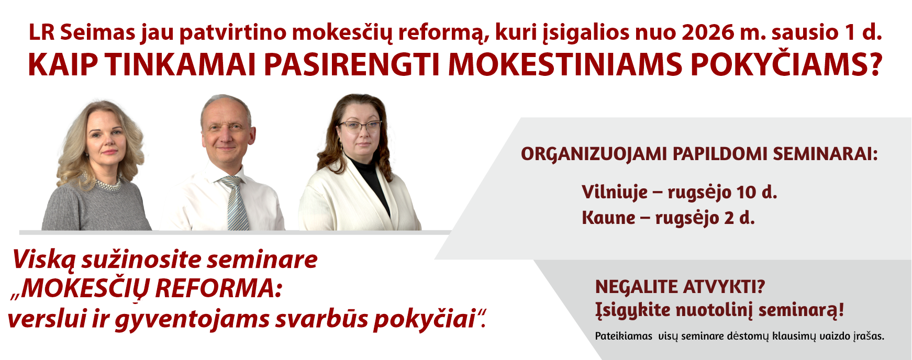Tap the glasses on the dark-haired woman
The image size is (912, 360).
pos(360,126)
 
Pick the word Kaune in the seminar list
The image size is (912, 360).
pos(608,218)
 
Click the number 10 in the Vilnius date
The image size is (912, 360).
pos(746,193)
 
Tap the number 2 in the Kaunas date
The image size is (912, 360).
pos(729,218)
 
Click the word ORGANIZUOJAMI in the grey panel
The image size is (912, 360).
pos(594,154)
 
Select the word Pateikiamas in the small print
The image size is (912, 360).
pos(624,336)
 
